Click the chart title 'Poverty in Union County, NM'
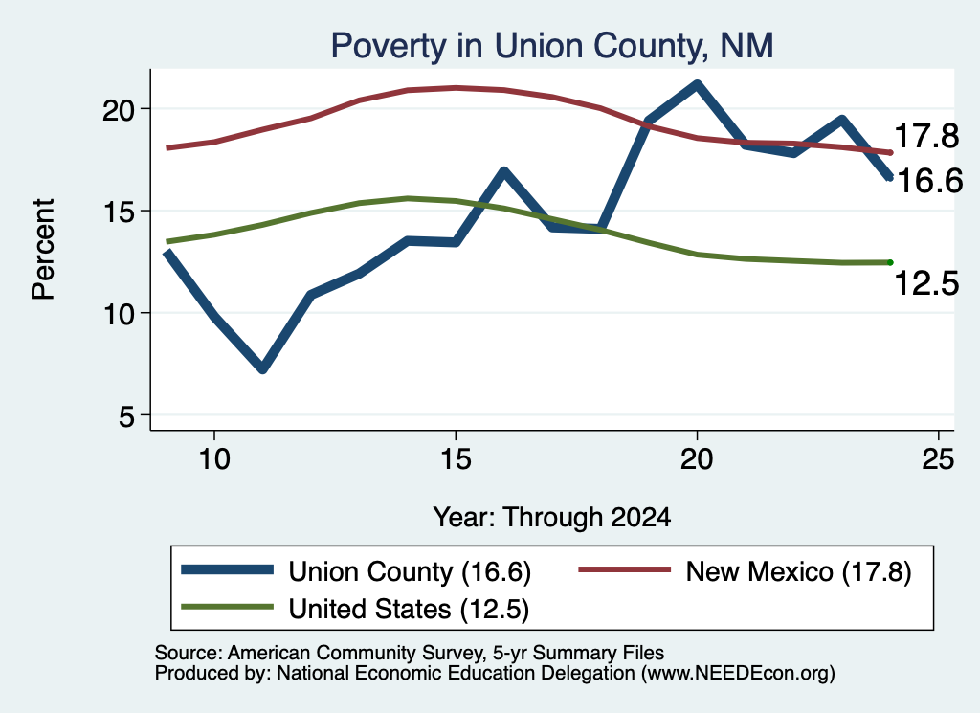(x=552, y=46)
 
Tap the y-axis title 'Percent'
(x=44, y=250)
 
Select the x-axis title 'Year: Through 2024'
(x=552, y=518)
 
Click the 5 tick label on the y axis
(x=127, y=416)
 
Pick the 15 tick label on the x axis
(x=456, y=459)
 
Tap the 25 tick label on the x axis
(x=938, y=459)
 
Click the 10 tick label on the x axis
(x=214, y=459)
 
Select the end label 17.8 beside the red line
(x=926, y=136)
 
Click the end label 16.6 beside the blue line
(x=929, y=181)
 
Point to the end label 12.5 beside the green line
(x=926, y=283)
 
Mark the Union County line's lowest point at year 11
(x=263, y=368)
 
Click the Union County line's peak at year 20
(x=697, y=83)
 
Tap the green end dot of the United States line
(x=890, y=262)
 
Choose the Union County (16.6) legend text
(x=410, y=571)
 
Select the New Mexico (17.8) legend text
(x=799, y=571)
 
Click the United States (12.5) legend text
(x=409, y=609)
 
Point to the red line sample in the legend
(x=624, y=569)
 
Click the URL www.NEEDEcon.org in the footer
(x=738, y=673)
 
